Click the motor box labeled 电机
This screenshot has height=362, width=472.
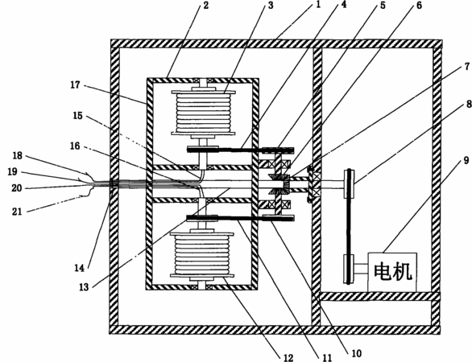(x=392, y=272)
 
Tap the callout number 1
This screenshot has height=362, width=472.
(x=318, y=5)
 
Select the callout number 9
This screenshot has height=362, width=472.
(x=466, y=160)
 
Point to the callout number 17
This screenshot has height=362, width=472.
(x=75, y=85)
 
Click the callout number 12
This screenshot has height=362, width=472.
(x=288, y=357)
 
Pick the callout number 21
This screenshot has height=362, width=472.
(x=17, y=212)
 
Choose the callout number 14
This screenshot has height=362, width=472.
(x=80, y=268)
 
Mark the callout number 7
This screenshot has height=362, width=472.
(x=466, y=67)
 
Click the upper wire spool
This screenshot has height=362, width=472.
(x=203, y=113)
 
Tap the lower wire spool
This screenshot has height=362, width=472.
(x=202, y=254)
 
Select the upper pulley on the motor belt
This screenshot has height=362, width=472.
(x=349, y=183)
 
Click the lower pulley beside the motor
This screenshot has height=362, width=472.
(x=349, y=269)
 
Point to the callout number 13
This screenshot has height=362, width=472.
(x=84, y=287)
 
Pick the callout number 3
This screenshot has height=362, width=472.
(x=271, y=5)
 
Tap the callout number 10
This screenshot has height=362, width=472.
(x=356, y=353)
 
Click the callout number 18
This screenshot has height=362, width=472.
(x=18, y=156)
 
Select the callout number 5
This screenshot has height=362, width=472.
(x=383, y=5)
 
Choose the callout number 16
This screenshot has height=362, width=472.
(x=75, y=146)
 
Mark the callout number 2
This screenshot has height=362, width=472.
(x=206, y=5)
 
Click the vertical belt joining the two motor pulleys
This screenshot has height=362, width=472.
(x=349, y=226)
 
